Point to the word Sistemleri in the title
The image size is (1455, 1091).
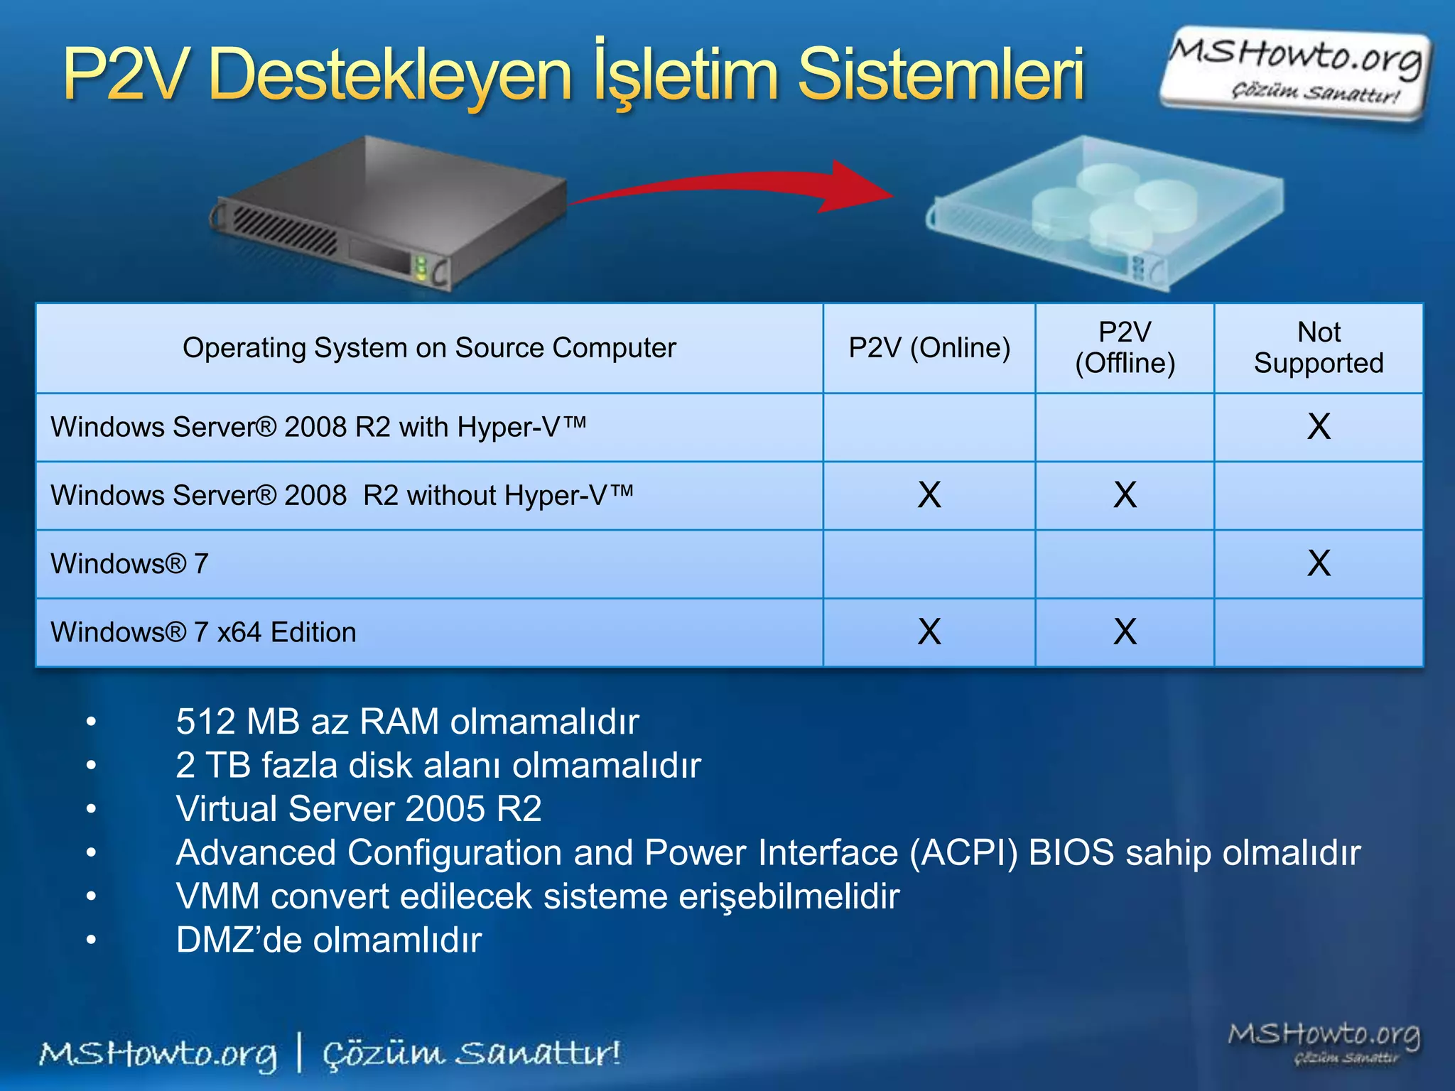[x=941, y=74]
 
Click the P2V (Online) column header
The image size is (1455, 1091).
[x=929, y=348]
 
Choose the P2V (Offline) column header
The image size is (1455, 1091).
[x=1125, y=348]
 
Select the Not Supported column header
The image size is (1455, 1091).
[x=1319, y=348]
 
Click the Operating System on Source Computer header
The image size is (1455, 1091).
[x=429, y=348]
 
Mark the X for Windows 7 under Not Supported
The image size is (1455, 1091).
[x=1319, y=563]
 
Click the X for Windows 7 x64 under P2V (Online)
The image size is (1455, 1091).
[x=929, y=631]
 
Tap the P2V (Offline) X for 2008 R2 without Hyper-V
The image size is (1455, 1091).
[x=1125, y=495]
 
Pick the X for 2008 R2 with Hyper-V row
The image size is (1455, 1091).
[x=1319, y=427]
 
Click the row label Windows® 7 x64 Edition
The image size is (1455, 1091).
[x=203, y=632]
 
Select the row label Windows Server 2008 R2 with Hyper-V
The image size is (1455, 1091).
[x=318, y=427]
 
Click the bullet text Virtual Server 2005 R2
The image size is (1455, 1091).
[x=359, y=809]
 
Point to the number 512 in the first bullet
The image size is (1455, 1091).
[x=206, y=722]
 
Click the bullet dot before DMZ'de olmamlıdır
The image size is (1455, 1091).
[x=91, y=940]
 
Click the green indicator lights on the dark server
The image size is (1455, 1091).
[x=421, y=268]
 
